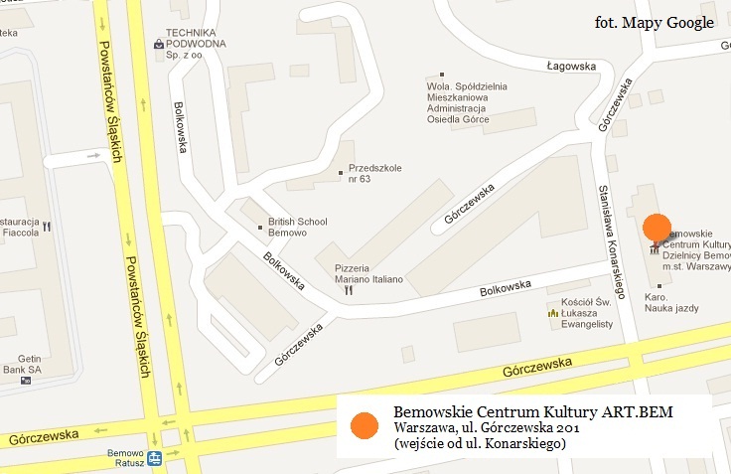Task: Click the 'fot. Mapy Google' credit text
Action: (x=654, y=23)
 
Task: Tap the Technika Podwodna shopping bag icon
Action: (x=159, y=44)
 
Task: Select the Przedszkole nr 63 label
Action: (x=374, y=173)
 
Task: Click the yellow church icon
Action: (x=552, y=313)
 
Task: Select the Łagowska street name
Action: (x=570, y=67)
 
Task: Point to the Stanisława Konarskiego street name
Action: (x=615, y=241)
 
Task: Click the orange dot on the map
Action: (x=658, y=228)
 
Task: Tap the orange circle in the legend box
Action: (x=365, y=424)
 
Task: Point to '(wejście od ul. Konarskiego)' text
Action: (x=480, y=444)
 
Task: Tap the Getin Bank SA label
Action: (x=20, y=363)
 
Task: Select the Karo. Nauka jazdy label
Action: (x=671, y=302)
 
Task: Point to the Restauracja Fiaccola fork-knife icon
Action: (x=47, y=227)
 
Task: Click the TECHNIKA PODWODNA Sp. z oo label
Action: (x=196, y=44)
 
